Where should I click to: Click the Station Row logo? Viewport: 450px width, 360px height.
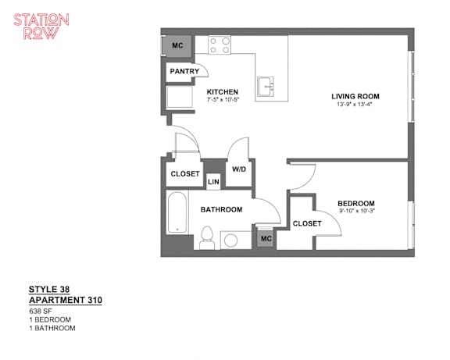click(41, 26)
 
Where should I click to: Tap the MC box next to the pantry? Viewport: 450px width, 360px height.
click(177, 45)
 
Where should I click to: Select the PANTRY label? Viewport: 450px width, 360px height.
click(184, 71)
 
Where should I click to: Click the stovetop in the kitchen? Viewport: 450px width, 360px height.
click(220, 45)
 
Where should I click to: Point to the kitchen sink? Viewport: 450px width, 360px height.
click(265, 87)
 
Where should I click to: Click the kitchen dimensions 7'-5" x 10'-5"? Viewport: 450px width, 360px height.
click(223, 100)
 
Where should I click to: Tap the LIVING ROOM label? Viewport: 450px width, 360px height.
click(355, 96)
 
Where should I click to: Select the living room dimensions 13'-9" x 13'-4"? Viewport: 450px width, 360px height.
click(355, 105)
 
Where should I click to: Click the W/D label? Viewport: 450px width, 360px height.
click(239, 169)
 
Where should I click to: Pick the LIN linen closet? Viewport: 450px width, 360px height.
click(213, 182)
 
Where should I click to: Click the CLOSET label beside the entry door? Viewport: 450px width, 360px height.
click(185, 174)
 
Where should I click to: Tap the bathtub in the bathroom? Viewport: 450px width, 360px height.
click(177, 212)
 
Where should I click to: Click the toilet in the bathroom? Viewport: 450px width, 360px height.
click(206, 238)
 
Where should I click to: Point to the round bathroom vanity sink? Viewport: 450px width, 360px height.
click(230, 241)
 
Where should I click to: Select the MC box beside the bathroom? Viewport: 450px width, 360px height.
click(266, 239)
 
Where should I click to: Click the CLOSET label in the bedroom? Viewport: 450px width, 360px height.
click(307, 223)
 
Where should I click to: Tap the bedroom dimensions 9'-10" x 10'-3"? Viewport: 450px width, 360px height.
click(357, 211)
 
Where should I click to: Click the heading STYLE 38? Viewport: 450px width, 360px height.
click(49, 289)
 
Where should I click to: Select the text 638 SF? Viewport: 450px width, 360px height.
click(41, 311)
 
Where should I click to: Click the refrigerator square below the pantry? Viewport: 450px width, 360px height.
click(180, 97)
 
